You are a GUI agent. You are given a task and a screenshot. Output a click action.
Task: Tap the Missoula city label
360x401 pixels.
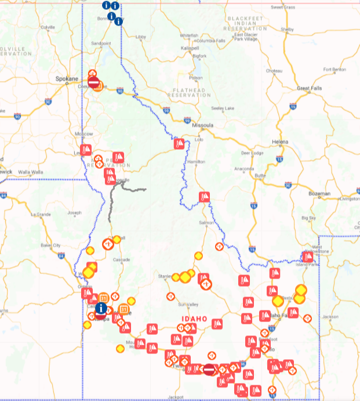click(x=202, y=125)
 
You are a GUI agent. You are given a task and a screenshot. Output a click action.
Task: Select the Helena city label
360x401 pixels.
click(x=280, y=142)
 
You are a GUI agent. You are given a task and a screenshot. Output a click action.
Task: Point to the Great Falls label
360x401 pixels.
click(x=310, y=88)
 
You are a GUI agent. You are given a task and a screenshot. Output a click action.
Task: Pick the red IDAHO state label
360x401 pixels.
click(x=194, y=319)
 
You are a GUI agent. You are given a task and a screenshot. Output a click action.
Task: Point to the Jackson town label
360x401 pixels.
click(x=330, y=317)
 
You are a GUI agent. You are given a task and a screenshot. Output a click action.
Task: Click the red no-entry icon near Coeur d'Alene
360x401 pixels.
click(x=93, y=82)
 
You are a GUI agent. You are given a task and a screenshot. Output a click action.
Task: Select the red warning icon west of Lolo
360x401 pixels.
click(x=180, y=143)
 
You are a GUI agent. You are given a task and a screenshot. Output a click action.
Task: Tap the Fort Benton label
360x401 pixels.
click(x=334, y=70)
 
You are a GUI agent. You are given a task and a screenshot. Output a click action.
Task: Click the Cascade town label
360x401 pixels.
click(x=122, y=259)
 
